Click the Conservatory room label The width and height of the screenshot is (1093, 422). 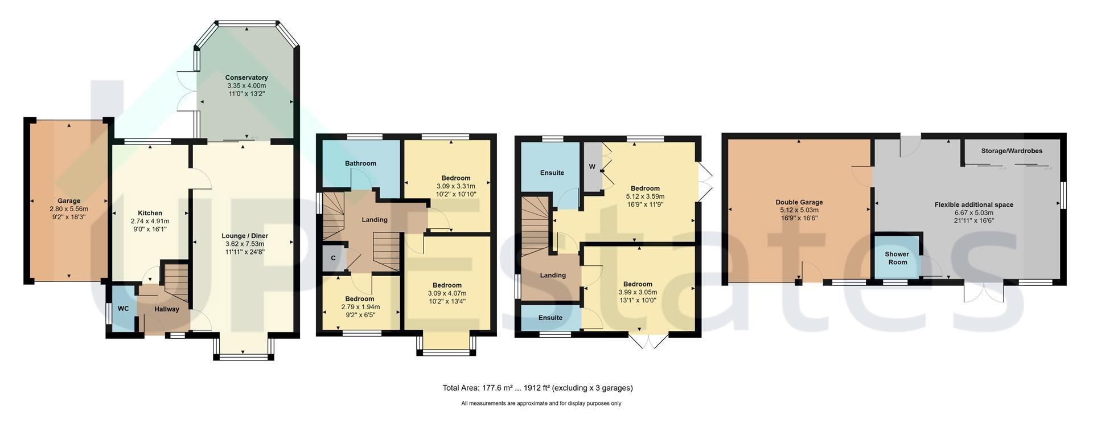click(x=246, y=77)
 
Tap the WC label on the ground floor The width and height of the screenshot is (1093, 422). click(x=124, y=309)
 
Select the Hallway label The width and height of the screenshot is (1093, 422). click(x=167, y=309)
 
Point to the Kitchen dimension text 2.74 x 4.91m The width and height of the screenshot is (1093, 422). click(x=150, y=221)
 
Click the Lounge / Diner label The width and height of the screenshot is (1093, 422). click(x=245, y=236)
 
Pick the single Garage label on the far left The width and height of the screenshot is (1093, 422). click(x=69, y=201)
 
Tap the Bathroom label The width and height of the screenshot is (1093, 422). click(x=360, y=163)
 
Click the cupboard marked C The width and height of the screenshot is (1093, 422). click(x=334, y=259)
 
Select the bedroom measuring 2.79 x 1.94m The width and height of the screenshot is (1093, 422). click(x=360, y=307)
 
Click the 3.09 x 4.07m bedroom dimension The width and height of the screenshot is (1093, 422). click(x=447, y=293)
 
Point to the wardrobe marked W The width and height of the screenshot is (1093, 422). click(x=592, y=167)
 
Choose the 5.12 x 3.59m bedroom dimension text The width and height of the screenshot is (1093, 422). click(x=645, y=196)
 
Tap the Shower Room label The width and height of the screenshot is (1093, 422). click(x=897, y=258)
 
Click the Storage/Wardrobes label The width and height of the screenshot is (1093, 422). click(x=1012, y=151)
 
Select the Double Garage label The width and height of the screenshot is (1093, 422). click(x=799, y=202)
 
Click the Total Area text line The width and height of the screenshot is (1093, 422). click(x=537, y=388)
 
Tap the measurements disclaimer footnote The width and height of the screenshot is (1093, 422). click(x=541, y=403)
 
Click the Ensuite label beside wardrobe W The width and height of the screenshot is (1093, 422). click(x=552, y=173)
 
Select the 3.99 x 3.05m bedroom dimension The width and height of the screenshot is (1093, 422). click(x=638, y=292)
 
